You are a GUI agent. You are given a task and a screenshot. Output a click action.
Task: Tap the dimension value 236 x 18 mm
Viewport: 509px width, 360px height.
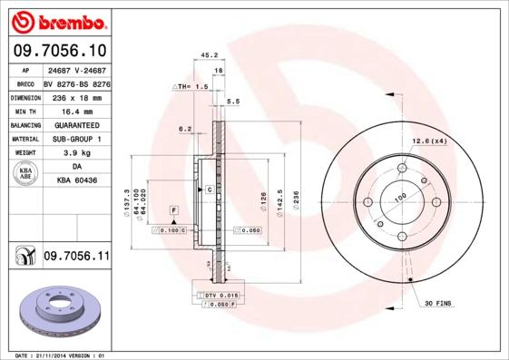coord(75,95)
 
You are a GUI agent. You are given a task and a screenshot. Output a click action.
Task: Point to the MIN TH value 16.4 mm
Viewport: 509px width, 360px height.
coord(76,109)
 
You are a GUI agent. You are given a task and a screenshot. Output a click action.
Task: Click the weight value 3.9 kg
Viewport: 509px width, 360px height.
coord(76,153)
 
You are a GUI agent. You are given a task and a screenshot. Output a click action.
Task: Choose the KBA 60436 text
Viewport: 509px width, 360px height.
coord(76,181)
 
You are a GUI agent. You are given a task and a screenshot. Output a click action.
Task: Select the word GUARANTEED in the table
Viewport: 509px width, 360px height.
coord(76,124)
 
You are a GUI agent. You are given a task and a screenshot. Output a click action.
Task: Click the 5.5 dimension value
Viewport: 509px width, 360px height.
coord(232,101)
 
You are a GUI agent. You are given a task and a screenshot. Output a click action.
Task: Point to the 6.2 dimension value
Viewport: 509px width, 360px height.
coord(185,129)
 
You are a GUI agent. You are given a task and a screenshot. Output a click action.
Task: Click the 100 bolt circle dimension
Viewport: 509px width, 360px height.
coord(400,195)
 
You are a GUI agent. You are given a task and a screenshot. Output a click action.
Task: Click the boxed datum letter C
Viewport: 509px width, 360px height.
coord(209,190)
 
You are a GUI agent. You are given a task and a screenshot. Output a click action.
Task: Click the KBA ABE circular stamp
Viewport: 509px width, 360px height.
coord(26,174)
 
